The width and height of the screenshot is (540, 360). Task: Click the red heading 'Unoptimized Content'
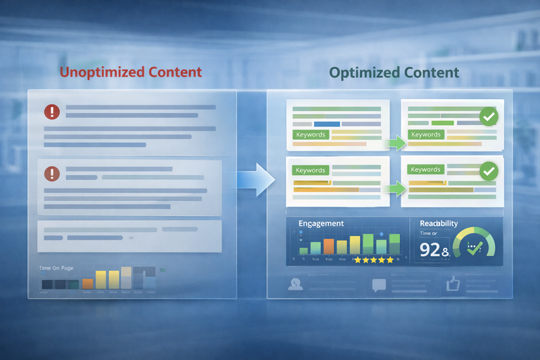click(130, 72)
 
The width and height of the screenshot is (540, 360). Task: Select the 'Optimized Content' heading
click(394, 72)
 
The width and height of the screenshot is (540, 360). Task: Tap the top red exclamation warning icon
click(52, 111)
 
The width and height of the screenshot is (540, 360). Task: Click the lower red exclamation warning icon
click(52, 173)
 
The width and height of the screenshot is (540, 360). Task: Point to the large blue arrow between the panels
click(256, 179)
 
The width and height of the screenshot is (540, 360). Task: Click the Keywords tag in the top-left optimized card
click(310, 134)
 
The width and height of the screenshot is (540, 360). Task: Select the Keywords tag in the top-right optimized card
click(425, 134)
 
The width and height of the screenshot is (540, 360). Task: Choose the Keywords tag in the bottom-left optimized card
click(310, 170)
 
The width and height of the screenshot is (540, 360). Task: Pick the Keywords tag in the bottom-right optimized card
click(425, 169)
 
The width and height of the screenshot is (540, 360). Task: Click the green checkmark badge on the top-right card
click(487, 117)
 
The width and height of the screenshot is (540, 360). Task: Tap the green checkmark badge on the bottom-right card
click(487, 171)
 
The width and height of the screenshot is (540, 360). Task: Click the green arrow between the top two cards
click(396, 143)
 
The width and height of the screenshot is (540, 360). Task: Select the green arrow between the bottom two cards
click(396, 188)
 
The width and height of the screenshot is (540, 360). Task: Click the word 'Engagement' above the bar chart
click(321, 224)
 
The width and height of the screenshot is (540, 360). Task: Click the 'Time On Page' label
click(56, 268)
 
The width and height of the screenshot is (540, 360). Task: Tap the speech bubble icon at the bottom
click(379, 285)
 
